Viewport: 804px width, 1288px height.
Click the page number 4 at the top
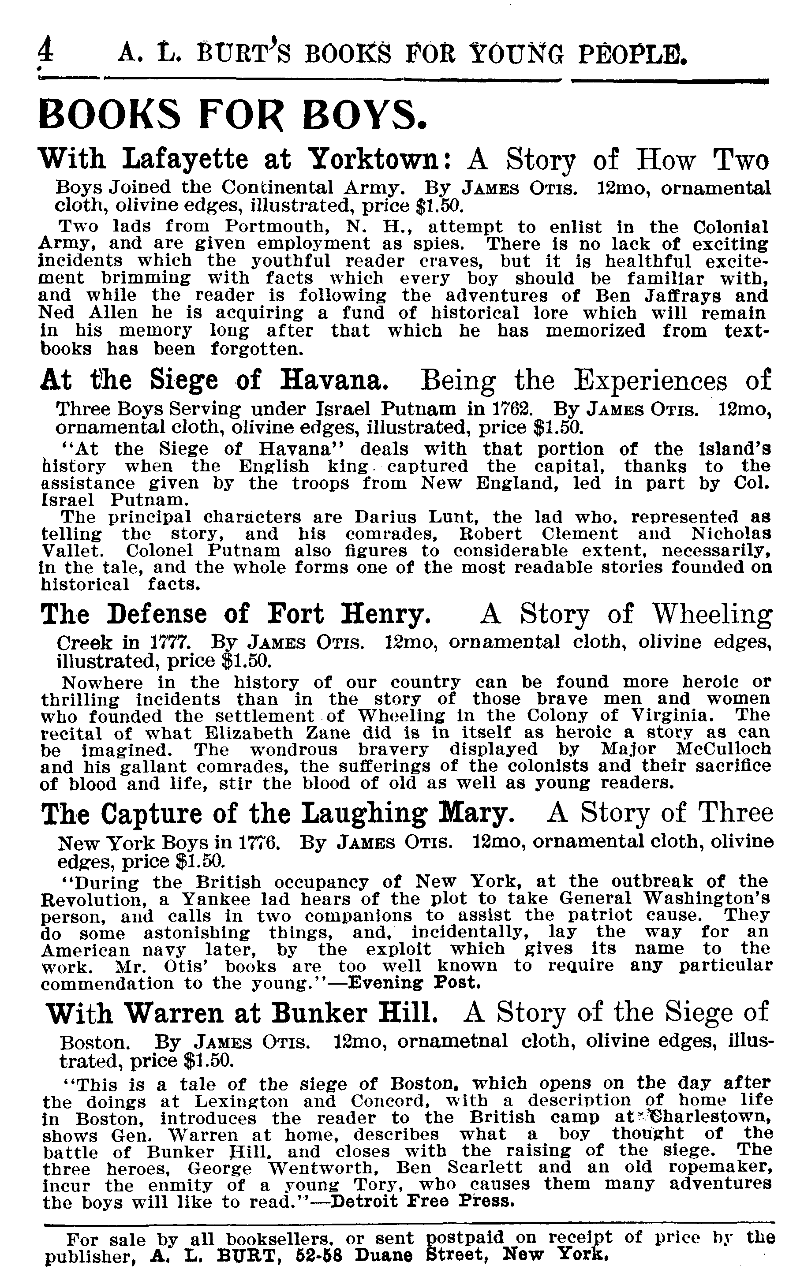[46, 53]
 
